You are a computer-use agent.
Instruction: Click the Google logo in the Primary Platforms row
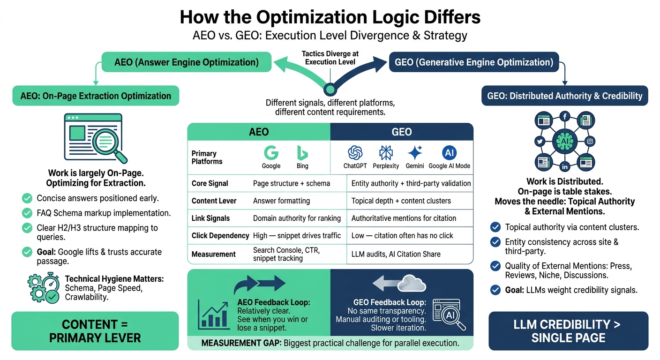pos(271,153)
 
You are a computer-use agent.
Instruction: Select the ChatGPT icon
pos(355,153)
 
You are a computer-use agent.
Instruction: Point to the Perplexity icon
pos(386,153)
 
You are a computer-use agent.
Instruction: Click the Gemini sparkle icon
pos(415,153)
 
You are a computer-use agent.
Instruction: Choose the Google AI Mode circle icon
pos(449,153)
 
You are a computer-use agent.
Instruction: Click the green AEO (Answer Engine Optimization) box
pos(187,62)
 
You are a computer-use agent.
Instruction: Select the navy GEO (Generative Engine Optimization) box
pos(473,62)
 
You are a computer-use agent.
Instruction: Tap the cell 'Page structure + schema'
pos(291,183)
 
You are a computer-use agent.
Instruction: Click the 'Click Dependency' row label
pos(220,235)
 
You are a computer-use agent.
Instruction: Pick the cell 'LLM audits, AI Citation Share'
pos(396,254)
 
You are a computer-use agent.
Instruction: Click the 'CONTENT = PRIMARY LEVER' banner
pos(95,331)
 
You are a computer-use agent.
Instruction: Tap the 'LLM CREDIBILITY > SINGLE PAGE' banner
pos(568,331)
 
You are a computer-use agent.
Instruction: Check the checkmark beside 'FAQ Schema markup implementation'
pos(27,213)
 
